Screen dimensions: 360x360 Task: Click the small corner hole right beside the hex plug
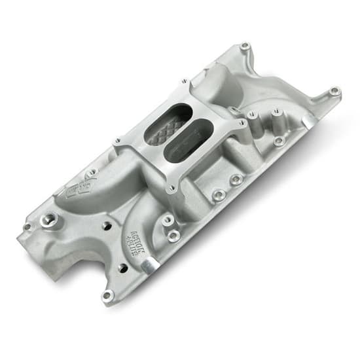(27, 227)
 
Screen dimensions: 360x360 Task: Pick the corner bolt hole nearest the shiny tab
(107, 295)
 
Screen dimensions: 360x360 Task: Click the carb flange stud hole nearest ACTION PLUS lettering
(171, 189)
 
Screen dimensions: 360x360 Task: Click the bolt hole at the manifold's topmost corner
(245, 46)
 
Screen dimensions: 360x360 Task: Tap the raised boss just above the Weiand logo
(92, 172)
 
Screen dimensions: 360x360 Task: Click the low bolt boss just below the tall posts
(279, 140)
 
